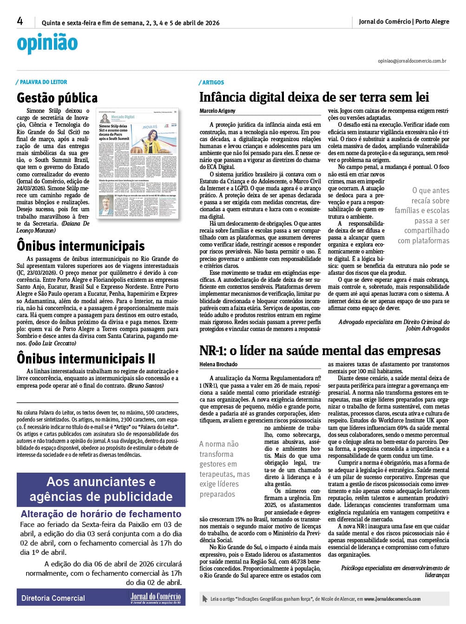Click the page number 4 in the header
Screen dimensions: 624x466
tap(20, 21)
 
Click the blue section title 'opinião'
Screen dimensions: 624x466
tap(47, 44)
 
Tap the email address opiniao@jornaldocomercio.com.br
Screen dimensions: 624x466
tap(412, 61)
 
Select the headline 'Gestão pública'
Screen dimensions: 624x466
tap(57, 98)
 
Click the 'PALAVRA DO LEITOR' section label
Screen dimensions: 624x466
tap(43, 82)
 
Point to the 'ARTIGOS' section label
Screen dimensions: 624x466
tap(213, 82)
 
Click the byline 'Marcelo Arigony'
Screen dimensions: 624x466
tap(217, 111)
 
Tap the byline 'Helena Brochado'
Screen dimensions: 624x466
tap(218, 364)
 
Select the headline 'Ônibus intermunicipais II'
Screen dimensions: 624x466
tap(86, 359)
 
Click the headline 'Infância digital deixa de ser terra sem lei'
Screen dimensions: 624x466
tap(314, 97)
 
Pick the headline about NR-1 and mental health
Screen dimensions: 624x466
tap(320, 351)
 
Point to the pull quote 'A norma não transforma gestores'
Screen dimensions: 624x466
tap(225, 469)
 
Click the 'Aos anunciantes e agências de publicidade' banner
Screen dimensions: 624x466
tap(101, 489)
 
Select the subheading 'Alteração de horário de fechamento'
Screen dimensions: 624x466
tap(101, 514)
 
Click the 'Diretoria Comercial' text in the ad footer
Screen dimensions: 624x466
tap(53, 598)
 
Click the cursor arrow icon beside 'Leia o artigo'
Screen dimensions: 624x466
tap(205, 599)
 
